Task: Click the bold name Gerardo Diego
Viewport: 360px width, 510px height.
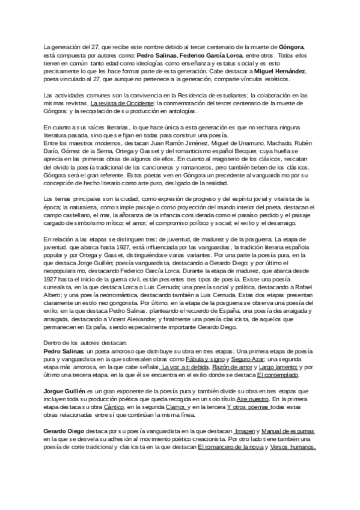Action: [67, 414]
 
